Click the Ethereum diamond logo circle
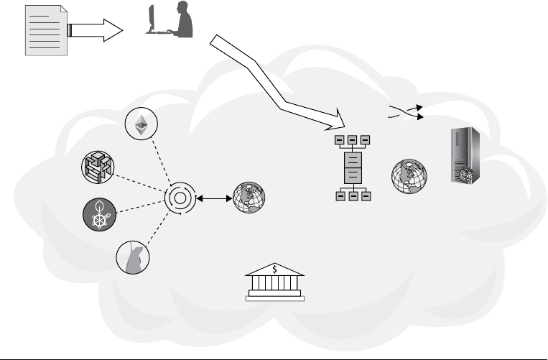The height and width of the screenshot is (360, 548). click(141, 124)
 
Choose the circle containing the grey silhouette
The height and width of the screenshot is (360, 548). click(133, 257)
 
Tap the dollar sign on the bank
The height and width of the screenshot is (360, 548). click(274, 269)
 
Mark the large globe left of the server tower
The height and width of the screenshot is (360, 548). click(409, 177)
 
